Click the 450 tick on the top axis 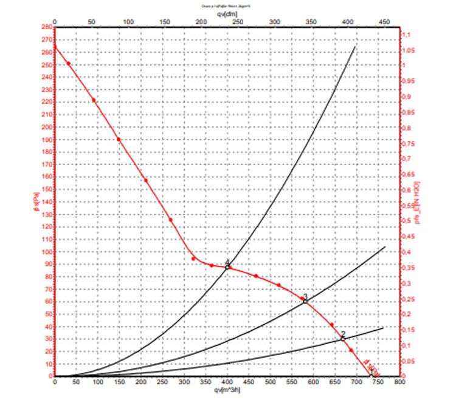[384, 21]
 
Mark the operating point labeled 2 [343, 338]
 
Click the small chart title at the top [227, 5]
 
